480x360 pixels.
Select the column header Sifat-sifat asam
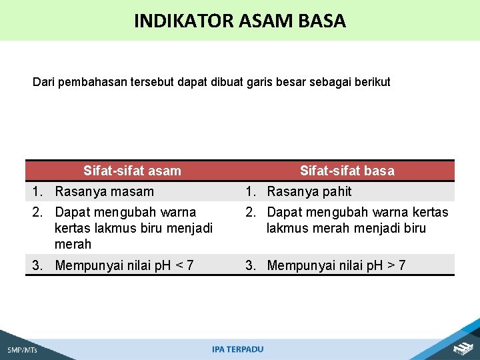132,171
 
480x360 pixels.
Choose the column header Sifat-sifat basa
347,171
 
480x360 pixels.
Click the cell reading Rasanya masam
104,192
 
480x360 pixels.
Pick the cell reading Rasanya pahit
309,192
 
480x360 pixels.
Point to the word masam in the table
132,192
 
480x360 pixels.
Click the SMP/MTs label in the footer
22,350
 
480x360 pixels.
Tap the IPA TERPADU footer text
237,349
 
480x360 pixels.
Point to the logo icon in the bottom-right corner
463,347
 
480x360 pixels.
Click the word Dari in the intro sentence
43,83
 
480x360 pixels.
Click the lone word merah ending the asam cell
73,244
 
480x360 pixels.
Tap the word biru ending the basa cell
413,229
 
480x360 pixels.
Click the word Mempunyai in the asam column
86,265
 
